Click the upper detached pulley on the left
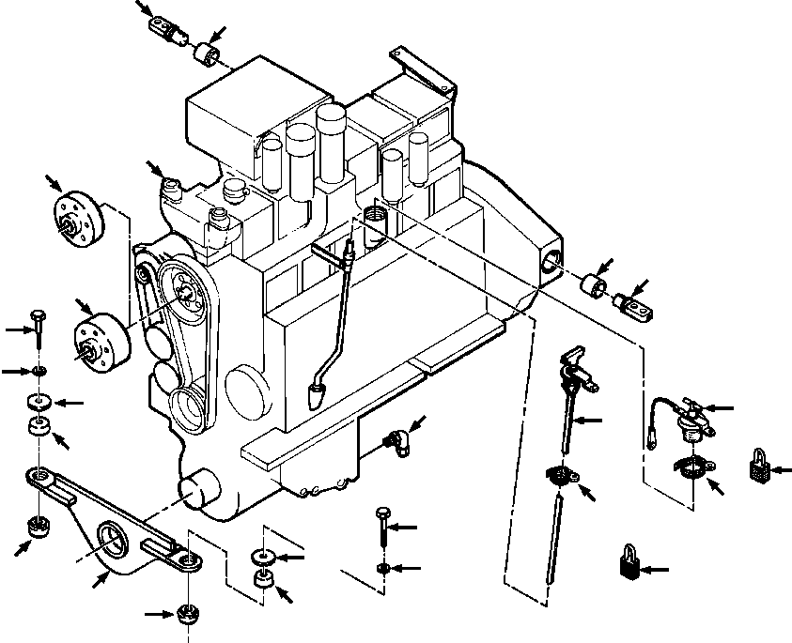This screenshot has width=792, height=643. tap(77, 217)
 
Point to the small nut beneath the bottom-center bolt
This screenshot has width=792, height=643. tap(382, 569)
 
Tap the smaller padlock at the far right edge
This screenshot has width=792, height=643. tap(759, 466)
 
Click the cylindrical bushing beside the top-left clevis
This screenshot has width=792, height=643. tap(206, 51)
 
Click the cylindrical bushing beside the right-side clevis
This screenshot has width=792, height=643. tap(594, 284)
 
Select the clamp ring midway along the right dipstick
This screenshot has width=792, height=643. tap(562, 476)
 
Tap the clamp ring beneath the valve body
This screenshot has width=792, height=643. tap(693, 466)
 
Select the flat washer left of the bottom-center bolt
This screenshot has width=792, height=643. tap(262, 557)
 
